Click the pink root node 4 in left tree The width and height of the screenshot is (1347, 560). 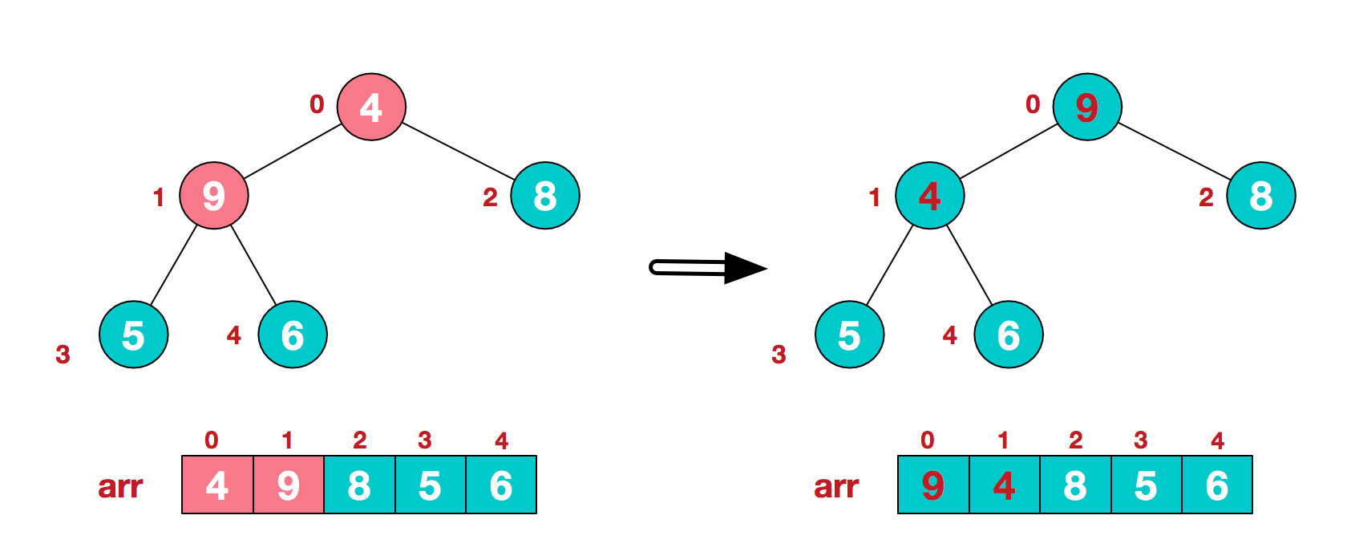(371, 107)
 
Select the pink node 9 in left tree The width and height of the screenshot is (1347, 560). (213, 195)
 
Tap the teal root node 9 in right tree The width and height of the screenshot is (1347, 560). (1087, 107)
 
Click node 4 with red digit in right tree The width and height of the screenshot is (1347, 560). (929, 195)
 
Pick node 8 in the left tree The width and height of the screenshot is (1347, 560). (545, 195)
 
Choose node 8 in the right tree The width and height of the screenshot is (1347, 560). (1260, 195)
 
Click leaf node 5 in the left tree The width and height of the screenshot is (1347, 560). (133, 335)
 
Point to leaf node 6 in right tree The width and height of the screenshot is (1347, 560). (1009, 335)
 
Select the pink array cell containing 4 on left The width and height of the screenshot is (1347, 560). (217, 485)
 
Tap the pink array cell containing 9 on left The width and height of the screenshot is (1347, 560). (289, 485)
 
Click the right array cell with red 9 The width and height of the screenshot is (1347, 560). (933, 485)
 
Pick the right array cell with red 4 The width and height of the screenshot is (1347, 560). (1005, 485)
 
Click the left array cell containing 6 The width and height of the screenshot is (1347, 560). (501, 485)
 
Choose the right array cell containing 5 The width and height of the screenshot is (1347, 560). (1147, 485)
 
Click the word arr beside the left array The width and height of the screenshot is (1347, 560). (120, 486)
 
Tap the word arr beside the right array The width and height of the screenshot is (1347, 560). (836, 486)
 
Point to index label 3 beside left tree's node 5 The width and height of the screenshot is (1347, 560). (63, 354)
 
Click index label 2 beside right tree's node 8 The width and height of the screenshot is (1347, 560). (1206, 197)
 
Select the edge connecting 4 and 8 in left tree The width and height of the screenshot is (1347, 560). (458, 151)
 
